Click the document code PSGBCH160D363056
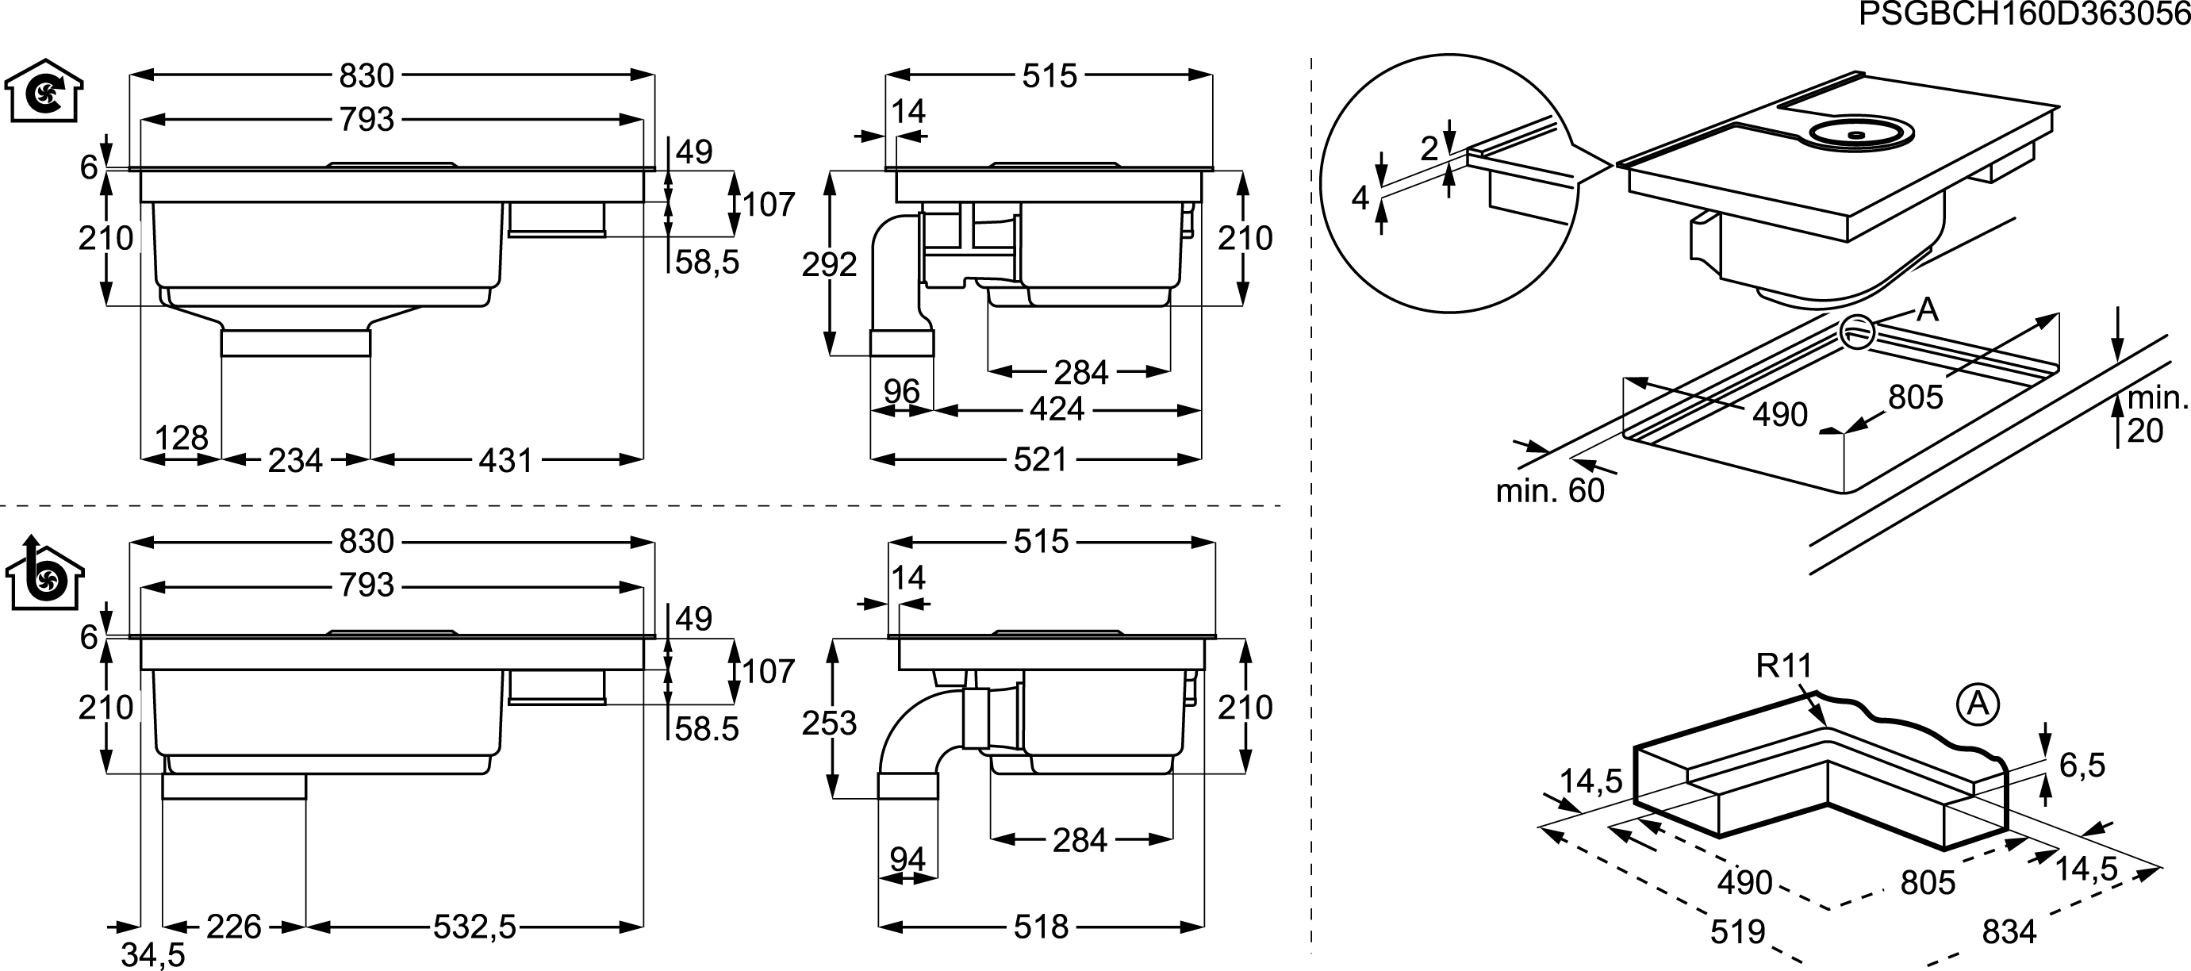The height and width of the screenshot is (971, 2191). (2024, 14)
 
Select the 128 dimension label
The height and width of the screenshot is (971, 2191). (181, 438)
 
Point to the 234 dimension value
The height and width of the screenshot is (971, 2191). (295, 461)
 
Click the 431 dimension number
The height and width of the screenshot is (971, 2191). (505, 461)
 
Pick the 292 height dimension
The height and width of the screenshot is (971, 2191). (829, 265)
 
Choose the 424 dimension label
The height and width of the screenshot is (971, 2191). (1057, 410)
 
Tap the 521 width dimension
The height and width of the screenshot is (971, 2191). (1040, 460)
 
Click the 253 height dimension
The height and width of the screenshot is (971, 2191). (829, 723)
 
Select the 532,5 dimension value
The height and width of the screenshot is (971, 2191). (474, 927)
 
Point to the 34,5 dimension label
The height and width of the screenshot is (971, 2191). (153, 955)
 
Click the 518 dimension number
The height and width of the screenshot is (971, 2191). (1041, 927)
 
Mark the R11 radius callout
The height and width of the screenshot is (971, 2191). (1784, 666)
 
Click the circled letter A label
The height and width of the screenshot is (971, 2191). (1978, 705)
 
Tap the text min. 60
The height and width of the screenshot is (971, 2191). (1550, 490)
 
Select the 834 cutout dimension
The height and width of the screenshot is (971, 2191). (2009, 933)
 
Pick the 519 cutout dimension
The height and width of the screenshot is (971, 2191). (1738, 933)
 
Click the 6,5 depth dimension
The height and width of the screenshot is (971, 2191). (2082, 766)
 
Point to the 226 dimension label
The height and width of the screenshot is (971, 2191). (234, 927)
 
